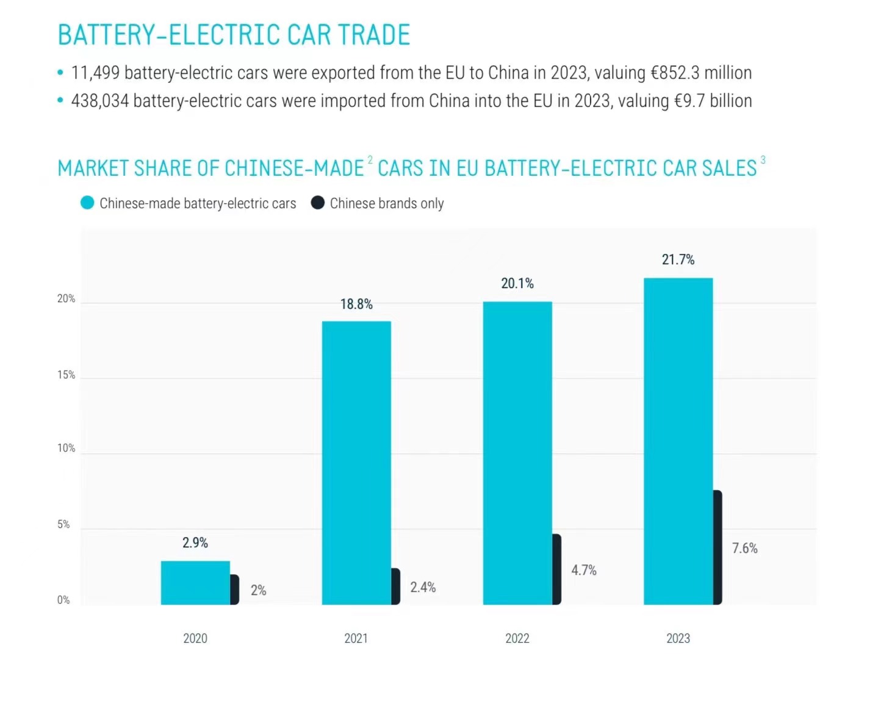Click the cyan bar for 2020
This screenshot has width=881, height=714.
click(195, 583)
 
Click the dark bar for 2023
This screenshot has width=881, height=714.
click(717, 547)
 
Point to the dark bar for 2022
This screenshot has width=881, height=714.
click(556, 569)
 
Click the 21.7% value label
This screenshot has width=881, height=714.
click(678, 259)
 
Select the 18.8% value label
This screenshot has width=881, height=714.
click(356, 304)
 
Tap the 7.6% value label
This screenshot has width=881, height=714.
click(744, 548)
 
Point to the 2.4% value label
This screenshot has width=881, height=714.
click(423, 587)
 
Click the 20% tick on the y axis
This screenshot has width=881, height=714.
click(66, 298)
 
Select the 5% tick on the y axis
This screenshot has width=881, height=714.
click(63, 524)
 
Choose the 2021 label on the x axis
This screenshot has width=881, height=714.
click(356, 638)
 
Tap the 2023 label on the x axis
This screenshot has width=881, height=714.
click(678, 638)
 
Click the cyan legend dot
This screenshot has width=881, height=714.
click(87, 203)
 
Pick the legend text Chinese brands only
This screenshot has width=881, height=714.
click(387, 203)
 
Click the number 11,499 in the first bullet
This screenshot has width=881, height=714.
click(95, 73)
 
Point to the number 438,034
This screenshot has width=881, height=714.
click(100, 101)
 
